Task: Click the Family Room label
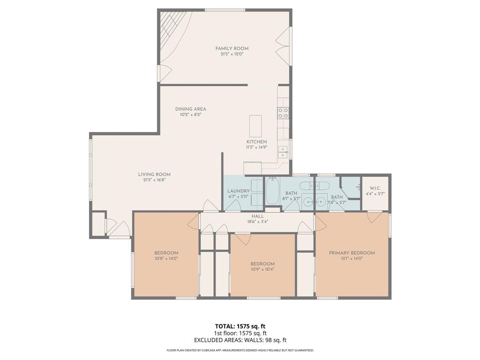(x=232, y=48)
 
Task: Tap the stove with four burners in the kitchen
(x=283, y=112)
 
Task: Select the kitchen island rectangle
(x=255, y=126)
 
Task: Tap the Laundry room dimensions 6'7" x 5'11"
(x=238, y=197)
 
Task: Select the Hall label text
(x=258, y=216)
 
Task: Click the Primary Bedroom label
(x=352, y=253)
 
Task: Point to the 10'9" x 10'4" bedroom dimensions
(x=262, y=269)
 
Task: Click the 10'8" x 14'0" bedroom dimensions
(x=166, y=258)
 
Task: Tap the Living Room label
(x=154, y=174)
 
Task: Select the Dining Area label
(x=190, y=109)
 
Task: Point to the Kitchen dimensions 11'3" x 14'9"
(x=256, y=147)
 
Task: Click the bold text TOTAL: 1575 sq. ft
(x=240, y=326)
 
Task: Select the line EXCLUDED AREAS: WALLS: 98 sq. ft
(x=240, y=340)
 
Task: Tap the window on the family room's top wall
(x=225, y=10)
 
